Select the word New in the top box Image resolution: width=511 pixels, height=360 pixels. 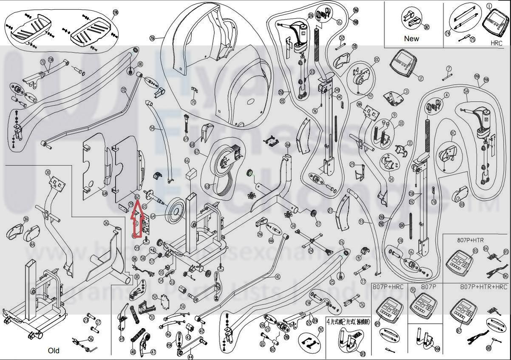coord(411,39)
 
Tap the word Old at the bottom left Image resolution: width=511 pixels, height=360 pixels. coord(54,351)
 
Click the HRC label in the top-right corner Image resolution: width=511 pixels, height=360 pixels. coord(496,43)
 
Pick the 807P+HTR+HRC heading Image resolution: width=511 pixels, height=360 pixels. coord(484,287)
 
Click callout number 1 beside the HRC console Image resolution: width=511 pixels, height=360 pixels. coord(489,6)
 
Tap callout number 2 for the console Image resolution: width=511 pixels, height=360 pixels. coord(420,78)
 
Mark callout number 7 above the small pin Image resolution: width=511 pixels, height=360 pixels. coord(449,68)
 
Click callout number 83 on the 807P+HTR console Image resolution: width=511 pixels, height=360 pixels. coord(475,251)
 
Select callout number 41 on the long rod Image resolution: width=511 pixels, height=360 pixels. coord(278,277)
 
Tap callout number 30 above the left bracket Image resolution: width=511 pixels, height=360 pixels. coord(48,172)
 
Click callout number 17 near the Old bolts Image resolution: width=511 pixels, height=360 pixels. coord(98,322)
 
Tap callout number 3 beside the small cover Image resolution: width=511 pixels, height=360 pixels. coord(406,91)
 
